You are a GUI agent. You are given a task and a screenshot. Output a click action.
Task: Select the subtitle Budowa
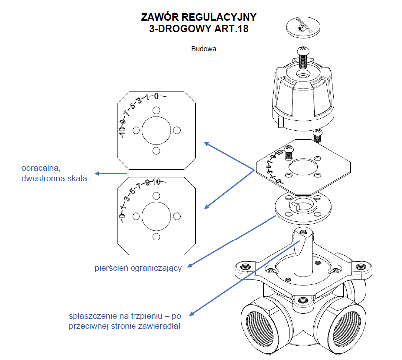click(204, 49)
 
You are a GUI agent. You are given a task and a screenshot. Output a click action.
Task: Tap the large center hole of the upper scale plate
click(156, 130)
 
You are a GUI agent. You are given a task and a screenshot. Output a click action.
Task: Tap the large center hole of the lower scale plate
click(156, 215)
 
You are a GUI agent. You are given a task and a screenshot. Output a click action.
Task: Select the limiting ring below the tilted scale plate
click(301, 208)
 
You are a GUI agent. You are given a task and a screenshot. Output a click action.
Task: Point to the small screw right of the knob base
click(317, 133)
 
